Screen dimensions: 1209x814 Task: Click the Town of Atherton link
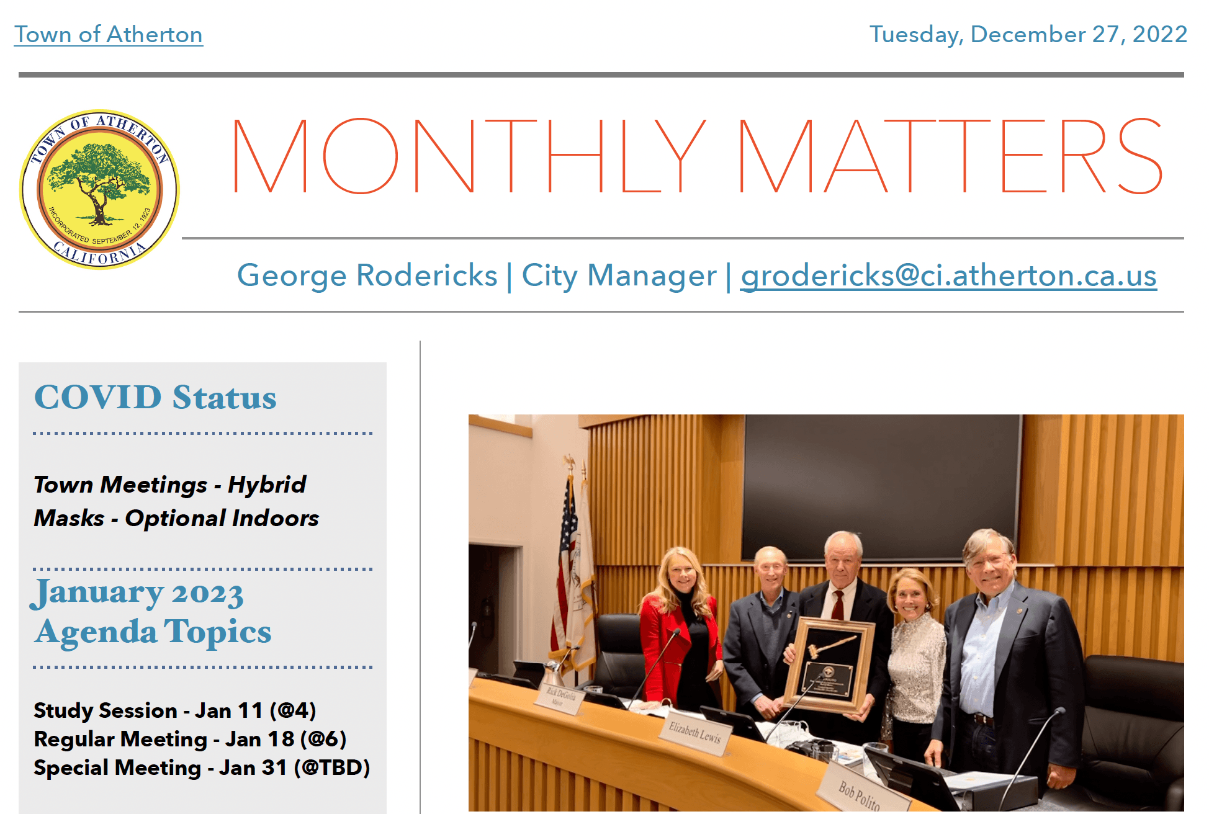[x=109, y=35]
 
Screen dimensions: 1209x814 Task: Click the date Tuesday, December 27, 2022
[x=1028, y=35]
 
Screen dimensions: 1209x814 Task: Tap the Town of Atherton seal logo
[x=99, y=190]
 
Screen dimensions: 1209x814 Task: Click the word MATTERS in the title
[x=950, y=156]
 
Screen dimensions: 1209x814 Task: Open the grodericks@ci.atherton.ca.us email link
[x=949, y=275]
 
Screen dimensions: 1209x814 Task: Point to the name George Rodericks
[x=367, y=275]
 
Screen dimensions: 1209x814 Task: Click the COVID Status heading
[x=155, y=397]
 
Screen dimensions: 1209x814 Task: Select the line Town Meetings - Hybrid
[x=170, y=485]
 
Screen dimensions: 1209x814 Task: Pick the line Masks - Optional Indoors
[x=176, y=518]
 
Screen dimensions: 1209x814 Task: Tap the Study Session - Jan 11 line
[x=175, y=710]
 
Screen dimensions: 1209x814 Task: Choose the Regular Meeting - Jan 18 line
[x=190, y=739]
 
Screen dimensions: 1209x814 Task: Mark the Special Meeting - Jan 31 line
[x=202, y=767]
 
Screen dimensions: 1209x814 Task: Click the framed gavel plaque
[x=829, y=664]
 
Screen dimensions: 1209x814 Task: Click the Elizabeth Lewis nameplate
[x=694, y=735]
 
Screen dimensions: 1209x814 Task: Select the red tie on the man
[x=838, y=605]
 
